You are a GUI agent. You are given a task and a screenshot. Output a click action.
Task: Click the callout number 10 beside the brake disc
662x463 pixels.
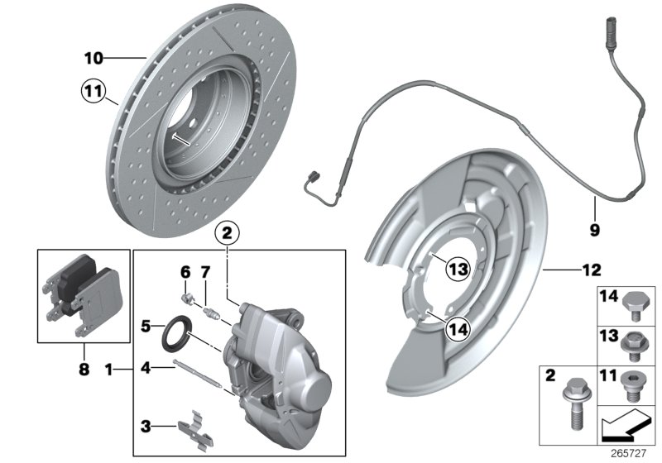pos(93,58)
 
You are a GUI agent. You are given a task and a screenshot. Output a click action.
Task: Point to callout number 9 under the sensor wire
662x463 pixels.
pos(594,230)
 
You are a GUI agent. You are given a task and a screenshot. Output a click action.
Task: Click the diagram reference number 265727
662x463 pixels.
pos(633,453)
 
